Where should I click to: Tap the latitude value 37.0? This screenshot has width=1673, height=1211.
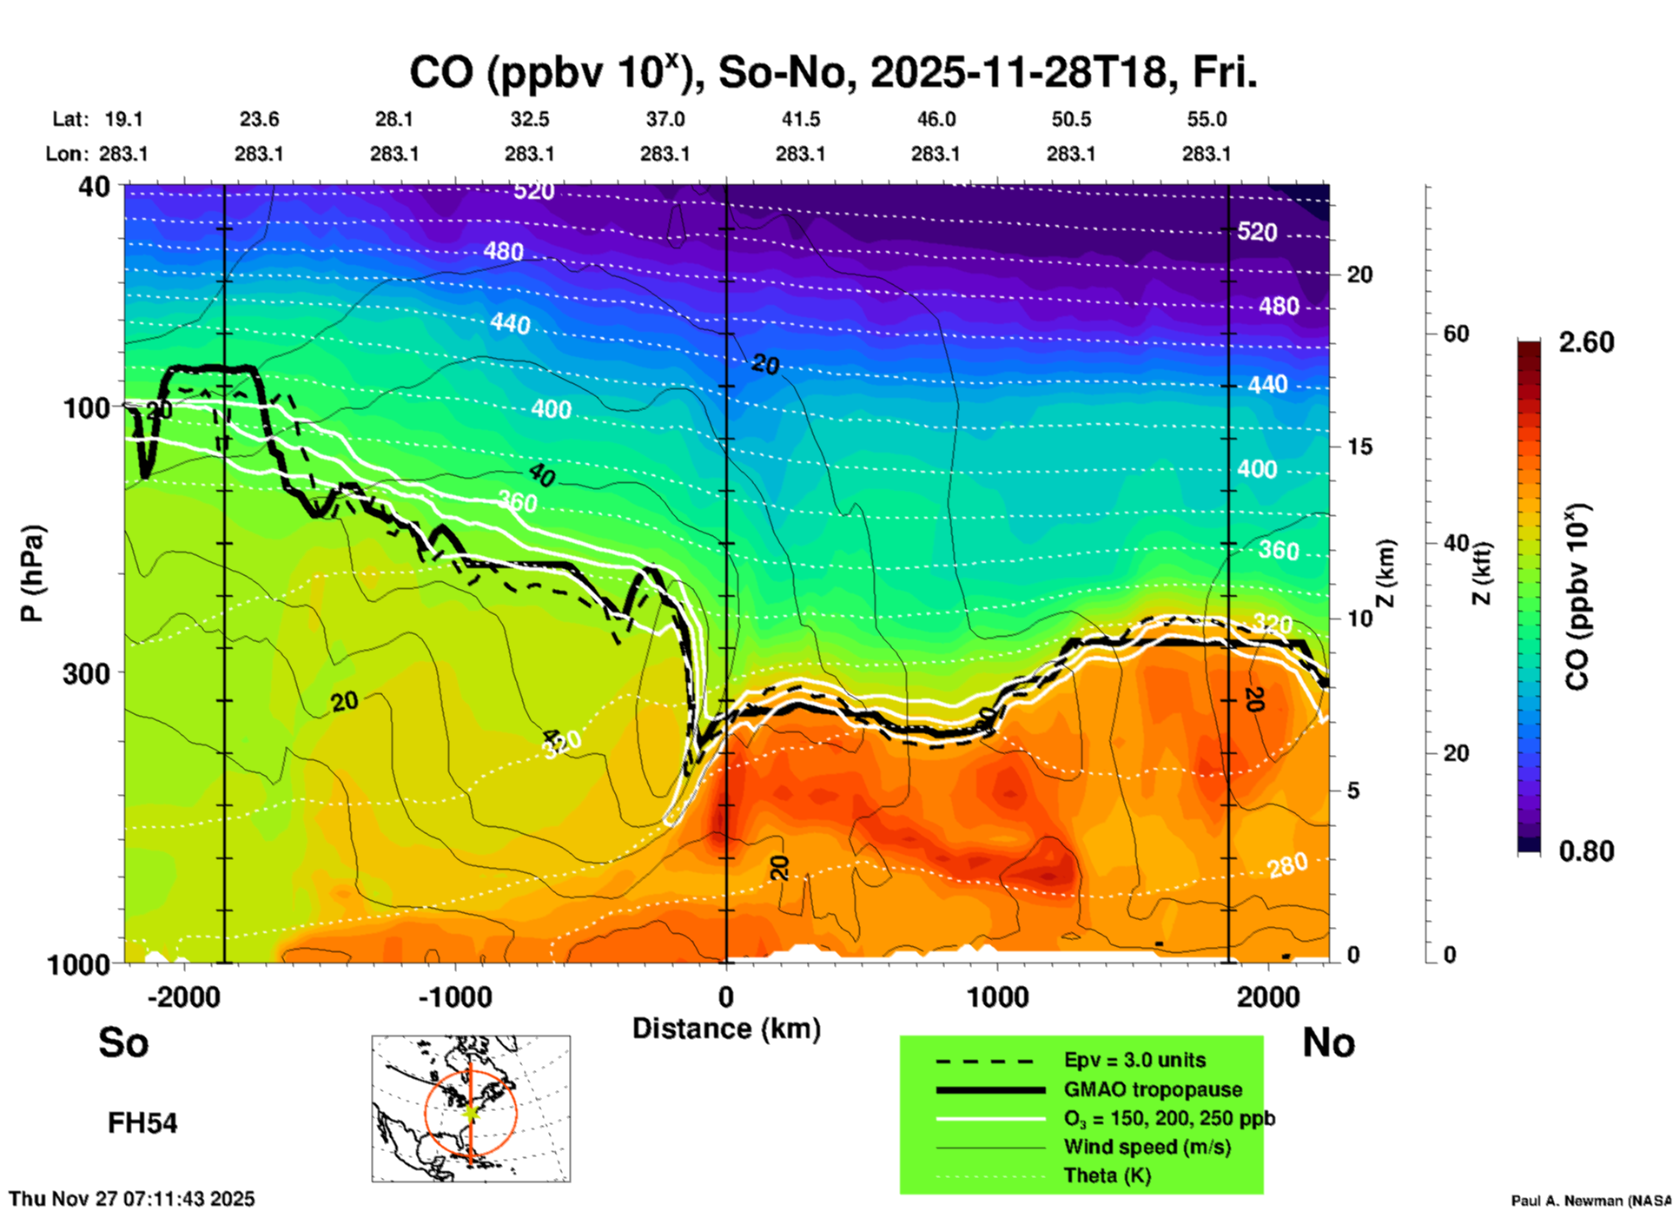pos(665,119)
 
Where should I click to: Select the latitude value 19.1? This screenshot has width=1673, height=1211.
pos(123,119)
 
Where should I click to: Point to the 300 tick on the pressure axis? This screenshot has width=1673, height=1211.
pos(86,673)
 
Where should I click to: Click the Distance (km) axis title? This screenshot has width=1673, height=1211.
pos(726,1029)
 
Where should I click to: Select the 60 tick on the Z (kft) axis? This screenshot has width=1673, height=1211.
pos(1456,334)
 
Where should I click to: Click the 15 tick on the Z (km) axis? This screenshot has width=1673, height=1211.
pos(1359,447)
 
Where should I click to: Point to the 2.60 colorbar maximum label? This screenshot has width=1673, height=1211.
pos(1586,342)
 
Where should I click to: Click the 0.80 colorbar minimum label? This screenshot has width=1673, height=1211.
pos(1586,851)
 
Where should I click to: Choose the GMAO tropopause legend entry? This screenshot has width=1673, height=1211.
pos(1153,1089)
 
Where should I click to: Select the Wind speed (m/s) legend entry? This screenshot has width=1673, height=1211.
pos(1147,1148)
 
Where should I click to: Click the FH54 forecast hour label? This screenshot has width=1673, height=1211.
pos(142,1123)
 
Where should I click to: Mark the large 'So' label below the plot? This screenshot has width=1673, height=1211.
pos(123,1042)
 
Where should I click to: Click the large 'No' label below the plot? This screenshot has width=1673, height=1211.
pos(1328,1042)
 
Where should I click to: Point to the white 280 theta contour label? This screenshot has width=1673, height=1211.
pos(1286,865)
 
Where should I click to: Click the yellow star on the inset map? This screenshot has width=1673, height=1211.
pos(471,1111)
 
